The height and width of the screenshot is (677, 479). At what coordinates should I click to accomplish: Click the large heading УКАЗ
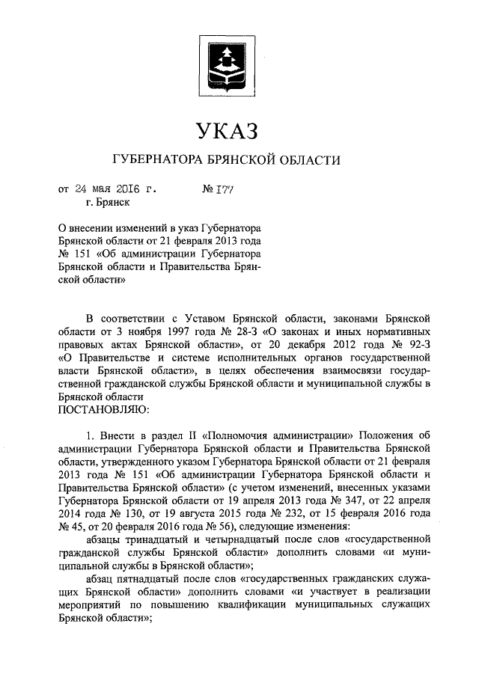coord(226,132)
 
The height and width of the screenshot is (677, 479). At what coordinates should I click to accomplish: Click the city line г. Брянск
coord(109,201)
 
